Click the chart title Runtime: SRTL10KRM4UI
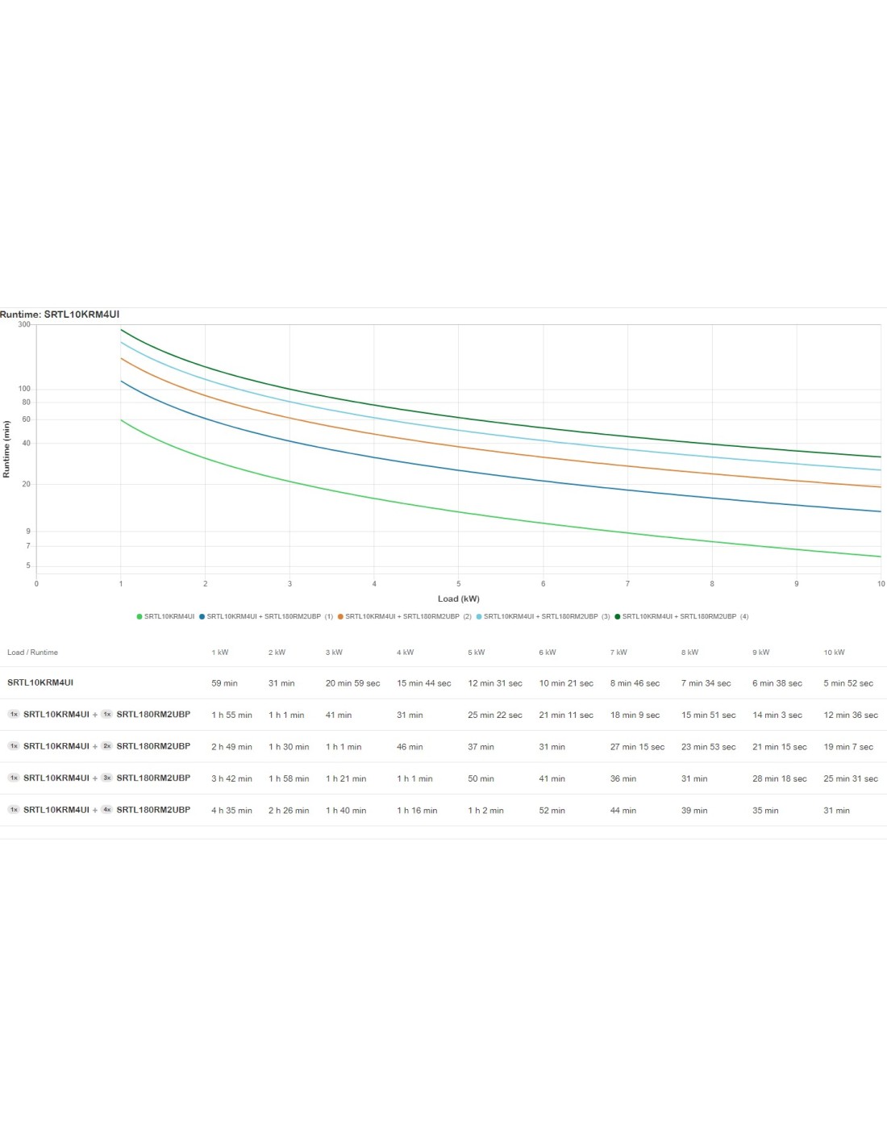60,315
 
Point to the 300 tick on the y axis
24,324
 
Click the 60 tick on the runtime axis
26,419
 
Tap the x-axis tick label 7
627,584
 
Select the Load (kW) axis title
458,599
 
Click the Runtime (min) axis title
6,449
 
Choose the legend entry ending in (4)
681,616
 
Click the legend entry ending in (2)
405,616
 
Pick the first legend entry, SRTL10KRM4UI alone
166,616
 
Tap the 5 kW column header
477,653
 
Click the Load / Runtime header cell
32,653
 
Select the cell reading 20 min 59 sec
352,683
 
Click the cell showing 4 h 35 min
231,811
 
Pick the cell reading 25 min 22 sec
495,715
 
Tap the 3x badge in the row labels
106,778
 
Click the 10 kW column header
834,653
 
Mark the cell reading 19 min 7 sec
848,747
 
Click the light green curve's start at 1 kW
121,420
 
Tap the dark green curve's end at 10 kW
881,457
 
